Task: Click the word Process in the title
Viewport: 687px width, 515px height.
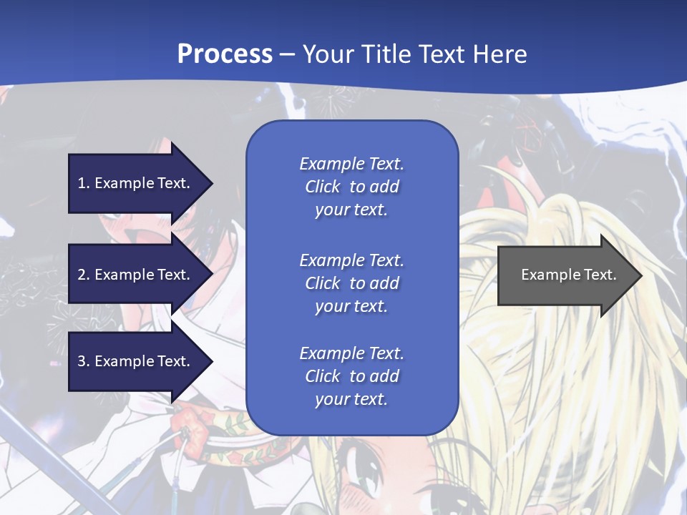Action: tap(225, 54)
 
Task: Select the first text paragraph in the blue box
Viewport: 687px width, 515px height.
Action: tap(351, 187)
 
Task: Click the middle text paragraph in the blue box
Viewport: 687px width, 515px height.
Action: tap(351, 283)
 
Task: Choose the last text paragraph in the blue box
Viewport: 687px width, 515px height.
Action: tap(351, 376)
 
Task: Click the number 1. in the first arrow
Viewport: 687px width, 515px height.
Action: tap(84, 183)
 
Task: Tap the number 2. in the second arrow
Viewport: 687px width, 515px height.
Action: tap(84, 275)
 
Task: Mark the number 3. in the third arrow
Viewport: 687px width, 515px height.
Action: tap(84, 361)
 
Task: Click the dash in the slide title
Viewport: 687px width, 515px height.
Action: tap(288, 54)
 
